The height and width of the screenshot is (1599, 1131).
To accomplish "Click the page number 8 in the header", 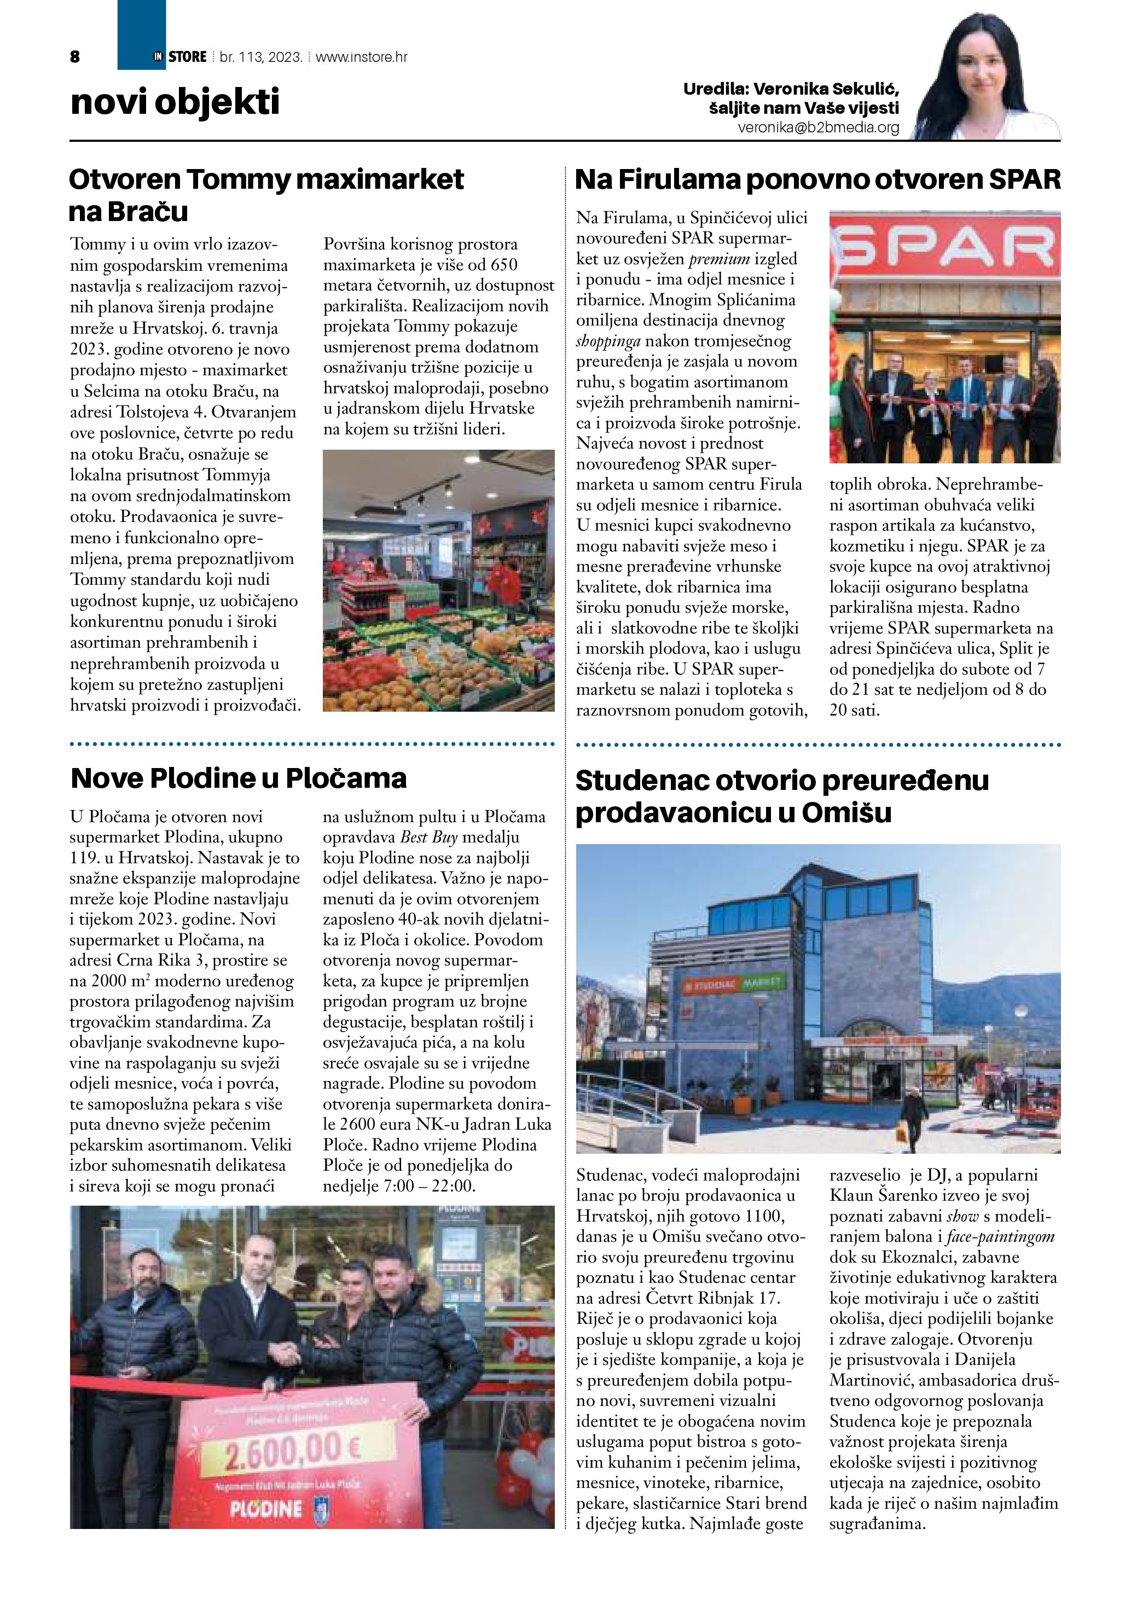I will [75, 57].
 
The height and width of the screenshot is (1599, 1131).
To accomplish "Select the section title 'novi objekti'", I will [175, 102].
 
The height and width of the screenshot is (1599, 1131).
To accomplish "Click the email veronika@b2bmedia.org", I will [819, 128].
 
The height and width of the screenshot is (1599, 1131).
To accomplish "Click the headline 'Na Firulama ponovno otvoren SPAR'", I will [817, 179].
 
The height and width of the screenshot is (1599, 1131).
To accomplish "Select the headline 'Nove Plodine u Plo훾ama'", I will [238, 778].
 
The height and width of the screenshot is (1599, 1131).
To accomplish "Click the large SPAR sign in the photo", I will [944, 246].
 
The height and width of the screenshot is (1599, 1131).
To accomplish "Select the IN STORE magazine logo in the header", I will [179, 57].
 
